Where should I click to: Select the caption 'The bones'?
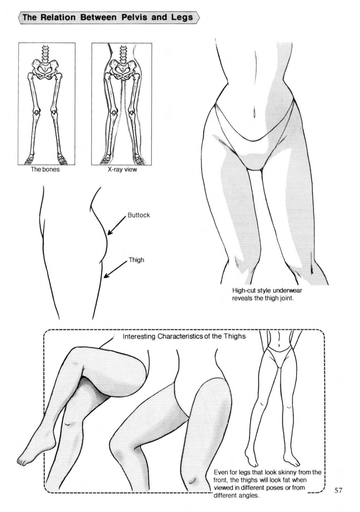pyautogui.click(x=45, y=169)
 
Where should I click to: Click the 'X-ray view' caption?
pyautogui.click(x=122, y=169)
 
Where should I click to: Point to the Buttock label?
pyautogui.click(x=139, y=215)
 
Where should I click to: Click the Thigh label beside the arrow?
pyautogui.click(x=136, y=260)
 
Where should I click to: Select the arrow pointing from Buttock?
pyautogui.click(x=116, y=225)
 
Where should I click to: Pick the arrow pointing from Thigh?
pyautogui.click(x=115, y=270)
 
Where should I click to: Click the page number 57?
pyautogui.click(x=339, y=489)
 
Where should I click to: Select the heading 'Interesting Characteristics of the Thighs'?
pyautogui.click(x=184, y=336)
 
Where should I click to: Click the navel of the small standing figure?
pyautogui.click(x=279, y=345)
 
